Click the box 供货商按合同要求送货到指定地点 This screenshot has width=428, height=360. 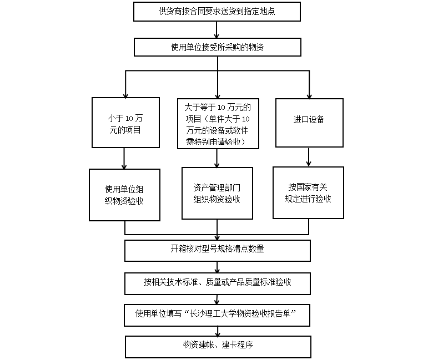[217, 11]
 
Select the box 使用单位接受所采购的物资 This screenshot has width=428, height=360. [217, 47]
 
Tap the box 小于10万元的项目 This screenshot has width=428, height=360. [125, 123]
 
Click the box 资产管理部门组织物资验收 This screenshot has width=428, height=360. [217, 194]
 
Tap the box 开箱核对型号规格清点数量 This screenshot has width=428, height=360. [217, 250]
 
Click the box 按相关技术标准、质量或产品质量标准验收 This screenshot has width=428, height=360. [217, 282]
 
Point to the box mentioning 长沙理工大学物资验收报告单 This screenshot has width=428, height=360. [217, 314]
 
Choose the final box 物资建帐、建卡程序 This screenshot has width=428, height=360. [217, 346]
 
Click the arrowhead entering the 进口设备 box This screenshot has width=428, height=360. [309, 94]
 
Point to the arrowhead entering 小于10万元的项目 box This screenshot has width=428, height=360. [125, 94]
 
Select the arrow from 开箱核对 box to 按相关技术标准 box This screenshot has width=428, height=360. [217, 266]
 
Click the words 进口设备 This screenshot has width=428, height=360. [309, 120]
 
